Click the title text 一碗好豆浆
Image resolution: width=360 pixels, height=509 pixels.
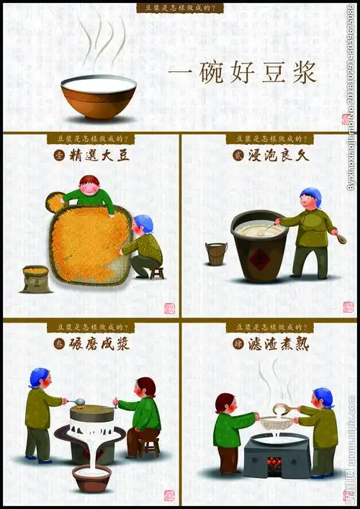243,75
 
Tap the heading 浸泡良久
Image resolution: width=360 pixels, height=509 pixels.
276,154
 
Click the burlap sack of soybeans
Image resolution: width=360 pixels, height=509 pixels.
35,279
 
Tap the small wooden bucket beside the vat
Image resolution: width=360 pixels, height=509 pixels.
216,253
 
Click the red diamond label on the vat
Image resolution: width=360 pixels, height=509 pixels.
260,258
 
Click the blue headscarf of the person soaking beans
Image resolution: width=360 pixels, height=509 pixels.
311,194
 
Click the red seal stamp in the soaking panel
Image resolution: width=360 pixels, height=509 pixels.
348,307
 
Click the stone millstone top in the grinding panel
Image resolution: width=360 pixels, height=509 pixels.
92,413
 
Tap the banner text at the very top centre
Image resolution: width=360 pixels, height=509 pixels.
180,8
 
